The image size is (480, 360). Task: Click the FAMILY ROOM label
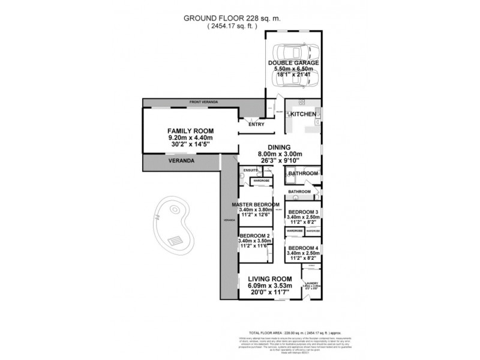[x=191, y=131]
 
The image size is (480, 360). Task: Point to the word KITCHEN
[x=304, y=113]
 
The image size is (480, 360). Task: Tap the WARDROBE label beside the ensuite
[x=261, y=180]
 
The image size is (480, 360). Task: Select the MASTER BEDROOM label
[x=256, y=205]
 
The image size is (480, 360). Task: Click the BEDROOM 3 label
[x=303, y=212]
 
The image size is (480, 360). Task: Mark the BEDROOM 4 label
[x=303, y=248]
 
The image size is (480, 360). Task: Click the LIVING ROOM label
[x=269, y=280]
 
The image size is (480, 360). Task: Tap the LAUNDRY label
[x=311, y=283]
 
